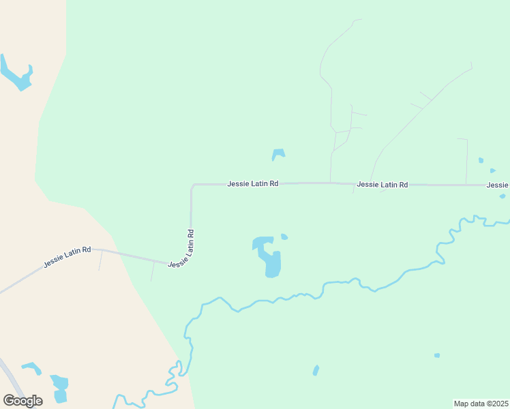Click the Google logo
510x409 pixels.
click(22, 400)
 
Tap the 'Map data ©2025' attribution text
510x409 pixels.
click(481, 404)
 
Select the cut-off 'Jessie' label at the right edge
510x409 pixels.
click(498, 185)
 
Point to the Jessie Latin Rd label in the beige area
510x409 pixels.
click(67, 256)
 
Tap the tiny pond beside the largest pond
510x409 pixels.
click(284, 237)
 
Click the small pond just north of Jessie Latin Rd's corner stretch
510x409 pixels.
click(278, 154)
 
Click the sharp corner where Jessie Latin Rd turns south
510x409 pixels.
click(193, 185)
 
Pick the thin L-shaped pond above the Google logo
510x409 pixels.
click(31, 367)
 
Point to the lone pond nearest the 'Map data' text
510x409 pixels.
click(437, 355)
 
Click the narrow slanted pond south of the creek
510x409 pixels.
click(316, 370)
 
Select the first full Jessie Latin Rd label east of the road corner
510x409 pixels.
click(253, 183)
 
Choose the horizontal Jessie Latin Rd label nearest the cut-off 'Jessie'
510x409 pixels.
click(382, 184)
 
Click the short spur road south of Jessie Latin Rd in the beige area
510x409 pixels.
click(100, 260)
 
